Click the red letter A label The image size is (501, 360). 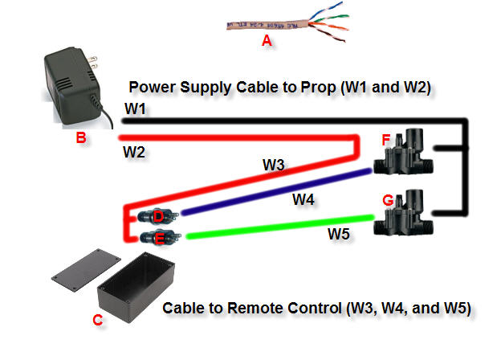pyautogui.click(x=267, y=42)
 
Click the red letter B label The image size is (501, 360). pyautogui.click(x=80, y=138)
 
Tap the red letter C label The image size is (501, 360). pyautogui.click(x=97, y=320)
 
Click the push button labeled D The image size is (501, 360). pyautogui.click(x=157, y=215)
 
